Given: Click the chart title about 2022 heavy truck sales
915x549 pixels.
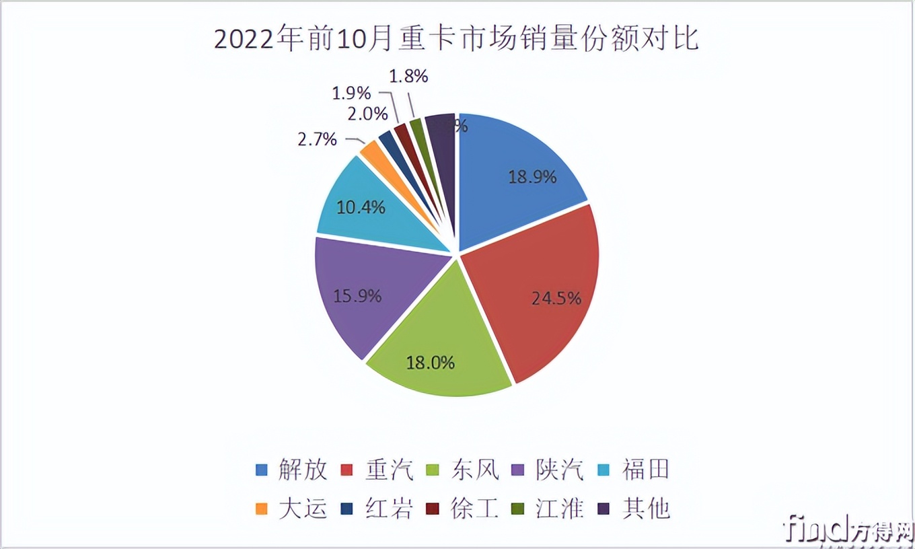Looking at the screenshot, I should coord(457,39).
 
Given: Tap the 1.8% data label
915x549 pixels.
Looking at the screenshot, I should coord(408,76).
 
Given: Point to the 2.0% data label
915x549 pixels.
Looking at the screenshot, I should coord(367,114).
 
